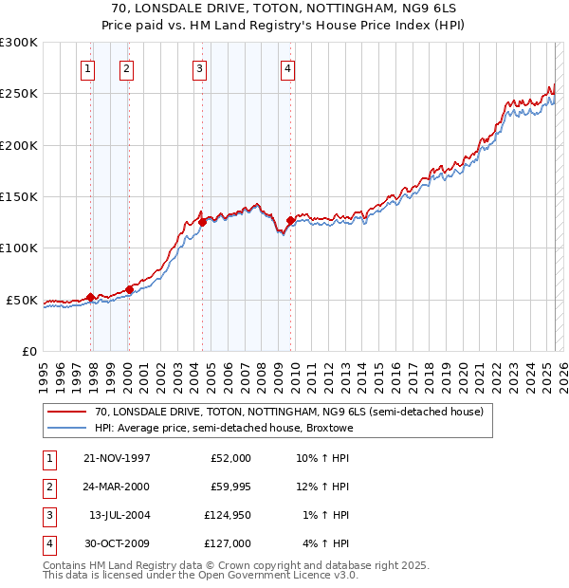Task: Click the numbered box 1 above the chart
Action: (87, 67)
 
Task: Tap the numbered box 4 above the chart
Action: (286, 67)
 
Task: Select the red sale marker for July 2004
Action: (203, 222)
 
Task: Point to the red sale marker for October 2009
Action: (291, 220)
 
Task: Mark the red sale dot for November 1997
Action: (91, 297)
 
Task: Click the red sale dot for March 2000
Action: (129, 288)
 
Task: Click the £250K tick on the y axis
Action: (19, 94)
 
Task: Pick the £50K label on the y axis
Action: (22, 300)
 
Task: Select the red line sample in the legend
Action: (65, 413)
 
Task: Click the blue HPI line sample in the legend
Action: (65, 429)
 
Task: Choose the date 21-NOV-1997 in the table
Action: (117, 458)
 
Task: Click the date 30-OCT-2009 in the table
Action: (117, 543)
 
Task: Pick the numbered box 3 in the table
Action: (47, 515)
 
